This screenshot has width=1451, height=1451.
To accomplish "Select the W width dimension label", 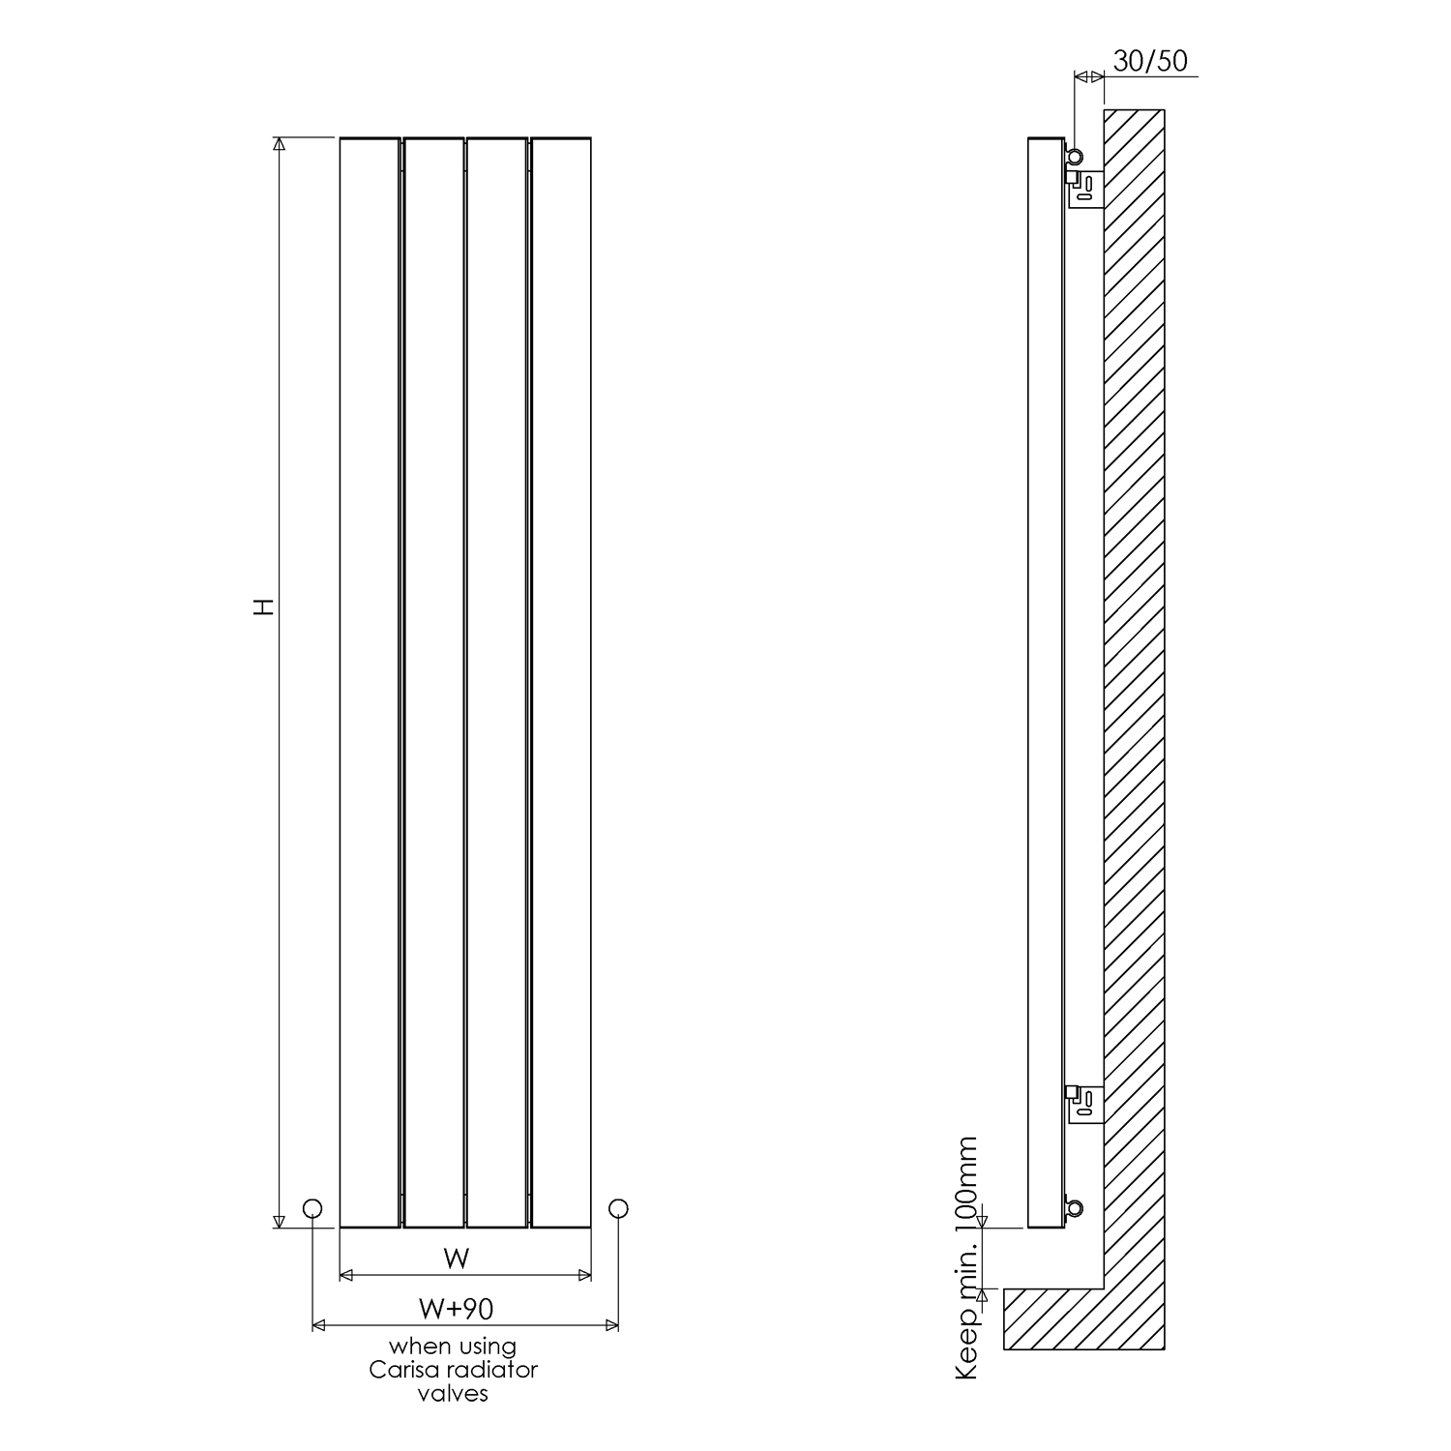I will click(x=456, y=1259).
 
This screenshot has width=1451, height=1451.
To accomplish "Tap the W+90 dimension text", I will click(x=456, y=1309).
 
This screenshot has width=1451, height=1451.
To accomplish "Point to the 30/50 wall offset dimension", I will click(x=1150, y=61).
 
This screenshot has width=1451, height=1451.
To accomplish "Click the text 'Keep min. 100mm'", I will click(x=966, y=1258).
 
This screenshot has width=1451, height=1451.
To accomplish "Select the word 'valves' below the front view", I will click(x=453, y=1393).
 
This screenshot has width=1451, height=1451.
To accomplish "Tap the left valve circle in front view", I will click(x=312, y=1207).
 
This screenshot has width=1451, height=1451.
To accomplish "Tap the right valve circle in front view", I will click(x=619, y=1207).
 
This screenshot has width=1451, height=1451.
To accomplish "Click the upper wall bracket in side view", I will click(x=1085, y=187).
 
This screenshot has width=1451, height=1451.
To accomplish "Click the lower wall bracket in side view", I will click(x=1085, y=1106).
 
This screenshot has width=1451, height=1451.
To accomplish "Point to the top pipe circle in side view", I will click(x=1074, y=156).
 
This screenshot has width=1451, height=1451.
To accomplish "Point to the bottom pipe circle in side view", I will click(x=1074, y=1207).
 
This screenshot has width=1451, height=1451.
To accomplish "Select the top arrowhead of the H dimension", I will click(x=280, y=145).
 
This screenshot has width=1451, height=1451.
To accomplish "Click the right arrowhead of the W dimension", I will click(x=584, y=1276).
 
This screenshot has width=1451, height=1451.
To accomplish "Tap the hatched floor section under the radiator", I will click(x=1054, y=1319).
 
